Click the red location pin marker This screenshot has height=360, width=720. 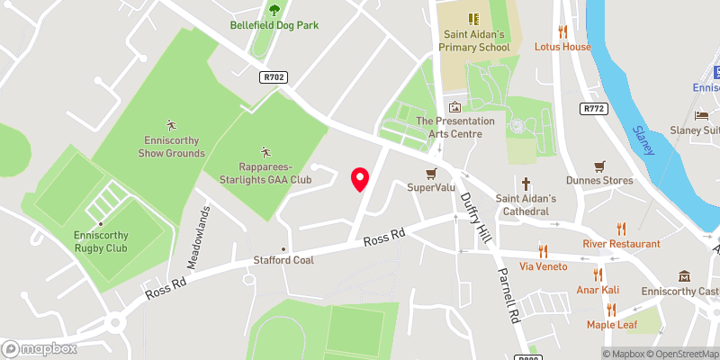click(x=360, y=179)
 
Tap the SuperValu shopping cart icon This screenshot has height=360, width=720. click(x=431, y=173)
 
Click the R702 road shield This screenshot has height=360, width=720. click(x=273, y=77)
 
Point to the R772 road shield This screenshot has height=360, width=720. click(x=592, y=109)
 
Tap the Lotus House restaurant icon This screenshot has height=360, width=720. click(x=563, y=31)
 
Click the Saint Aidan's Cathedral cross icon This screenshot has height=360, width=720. click(x=527, y=182)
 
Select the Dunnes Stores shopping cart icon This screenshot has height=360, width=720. click(x=598, y=166)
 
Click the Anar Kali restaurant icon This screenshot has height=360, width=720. click(x=597, y=274)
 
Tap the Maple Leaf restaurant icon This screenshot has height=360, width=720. click(x=612, y=309)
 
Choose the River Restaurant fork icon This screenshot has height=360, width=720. click(x=621, y=229)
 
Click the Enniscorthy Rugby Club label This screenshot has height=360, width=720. click(x=101, y=241)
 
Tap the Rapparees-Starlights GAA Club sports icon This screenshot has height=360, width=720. click(x=265, y=151)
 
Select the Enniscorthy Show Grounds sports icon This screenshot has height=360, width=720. click(x=171, y=124)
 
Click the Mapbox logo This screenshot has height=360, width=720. click(x=38, y=348)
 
